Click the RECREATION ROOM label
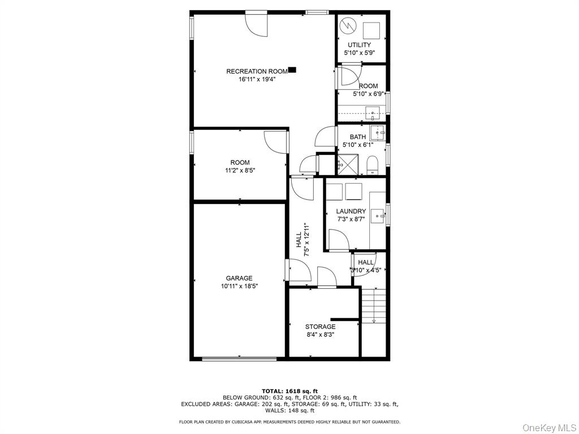tap(257, 71)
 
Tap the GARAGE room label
tap(239, 278)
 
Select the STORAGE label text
tap(320, 327)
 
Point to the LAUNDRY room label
tap(351, 211)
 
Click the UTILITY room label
tap(359, 45)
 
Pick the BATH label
tap(357, 137)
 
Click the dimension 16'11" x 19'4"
tap(257, 80)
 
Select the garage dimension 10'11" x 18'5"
tap(239, 287)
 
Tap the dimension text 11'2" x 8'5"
tap(240, 171)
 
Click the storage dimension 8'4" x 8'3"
tap(320, 335)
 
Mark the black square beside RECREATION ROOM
tap(292, 70)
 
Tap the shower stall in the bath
tap(347, 165)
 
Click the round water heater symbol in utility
tap(349, 26)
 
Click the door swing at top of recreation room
tap(256, 24)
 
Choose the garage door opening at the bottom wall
tap(239, 358)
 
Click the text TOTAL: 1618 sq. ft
tap(289, 391)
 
